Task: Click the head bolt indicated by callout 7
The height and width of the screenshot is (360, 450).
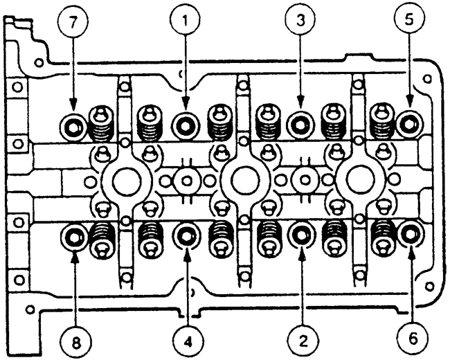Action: pos(73,126)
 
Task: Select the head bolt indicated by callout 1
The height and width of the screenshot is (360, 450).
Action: pos(186,125)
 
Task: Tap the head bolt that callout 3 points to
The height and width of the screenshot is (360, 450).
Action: pos(300,125)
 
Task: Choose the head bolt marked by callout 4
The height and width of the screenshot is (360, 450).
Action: pos(186,237)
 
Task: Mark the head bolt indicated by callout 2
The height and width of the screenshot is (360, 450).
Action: pos(300,237)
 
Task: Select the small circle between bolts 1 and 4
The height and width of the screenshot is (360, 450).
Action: pos(185,181)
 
